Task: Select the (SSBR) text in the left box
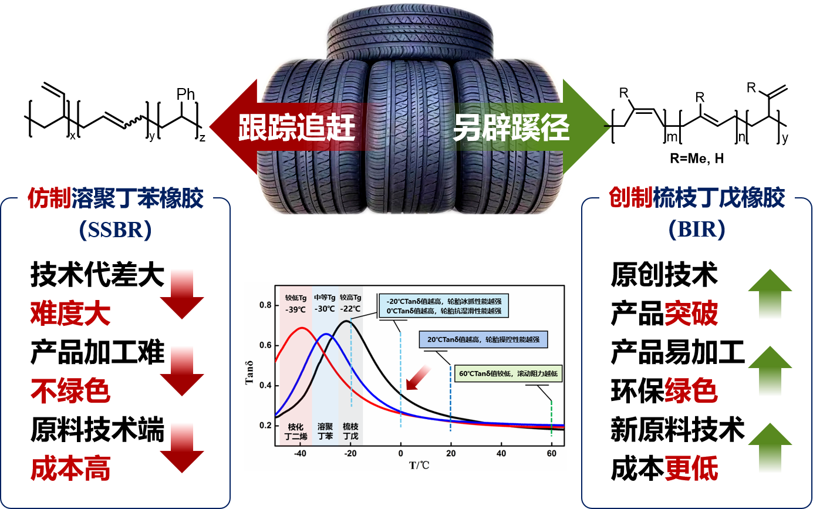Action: click(115, 230)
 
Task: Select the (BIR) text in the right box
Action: click(697, 229)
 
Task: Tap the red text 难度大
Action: click(70, 315)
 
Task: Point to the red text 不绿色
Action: click(70, 391)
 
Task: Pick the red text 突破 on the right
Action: click(691, 315)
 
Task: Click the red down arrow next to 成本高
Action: click(181, 447)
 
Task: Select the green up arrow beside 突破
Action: click(770, 294)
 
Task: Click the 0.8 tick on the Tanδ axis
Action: click(265, 305)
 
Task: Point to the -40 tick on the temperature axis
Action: click(300, 454)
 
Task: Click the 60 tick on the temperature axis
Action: click(551, 454)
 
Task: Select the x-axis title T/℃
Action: click(420, 465)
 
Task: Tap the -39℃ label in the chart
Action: click(296, 309)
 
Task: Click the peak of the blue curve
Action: click(326, 334)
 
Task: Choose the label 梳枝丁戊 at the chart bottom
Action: click(350, 432)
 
